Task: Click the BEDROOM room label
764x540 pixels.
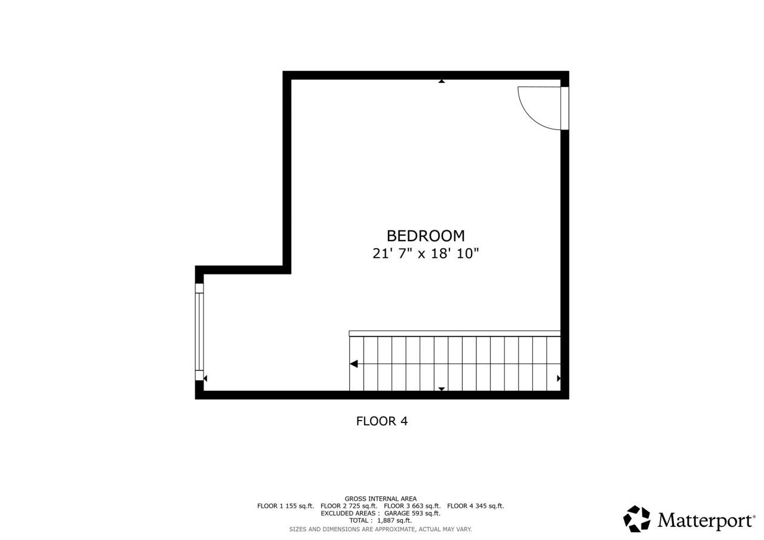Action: coord(426,236)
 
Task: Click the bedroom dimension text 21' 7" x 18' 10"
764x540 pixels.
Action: coord(426,254)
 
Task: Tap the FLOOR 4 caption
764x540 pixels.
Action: coord(381,421)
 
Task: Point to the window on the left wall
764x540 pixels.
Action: coord(199,332)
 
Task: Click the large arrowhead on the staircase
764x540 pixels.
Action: coord(354,364)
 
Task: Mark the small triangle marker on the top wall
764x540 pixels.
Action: coord(442,81)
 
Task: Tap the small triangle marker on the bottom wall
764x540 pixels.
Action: coord(442,388)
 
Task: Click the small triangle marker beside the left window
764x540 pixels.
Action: coord(205,378)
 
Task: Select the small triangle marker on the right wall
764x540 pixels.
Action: coord(559,378)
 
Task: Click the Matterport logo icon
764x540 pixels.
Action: coord(637,519)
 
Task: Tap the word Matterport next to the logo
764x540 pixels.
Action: coord(706,520)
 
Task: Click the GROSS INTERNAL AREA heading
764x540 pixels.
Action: coord(380,499)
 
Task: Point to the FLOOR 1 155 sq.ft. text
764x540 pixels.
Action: coord(285,506)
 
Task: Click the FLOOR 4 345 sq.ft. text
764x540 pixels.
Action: coord(475,506)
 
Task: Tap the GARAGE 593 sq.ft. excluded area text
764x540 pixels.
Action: coord(412,513)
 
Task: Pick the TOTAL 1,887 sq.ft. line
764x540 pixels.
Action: coord(380,520)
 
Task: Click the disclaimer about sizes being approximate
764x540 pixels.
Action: coord(380,529)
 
